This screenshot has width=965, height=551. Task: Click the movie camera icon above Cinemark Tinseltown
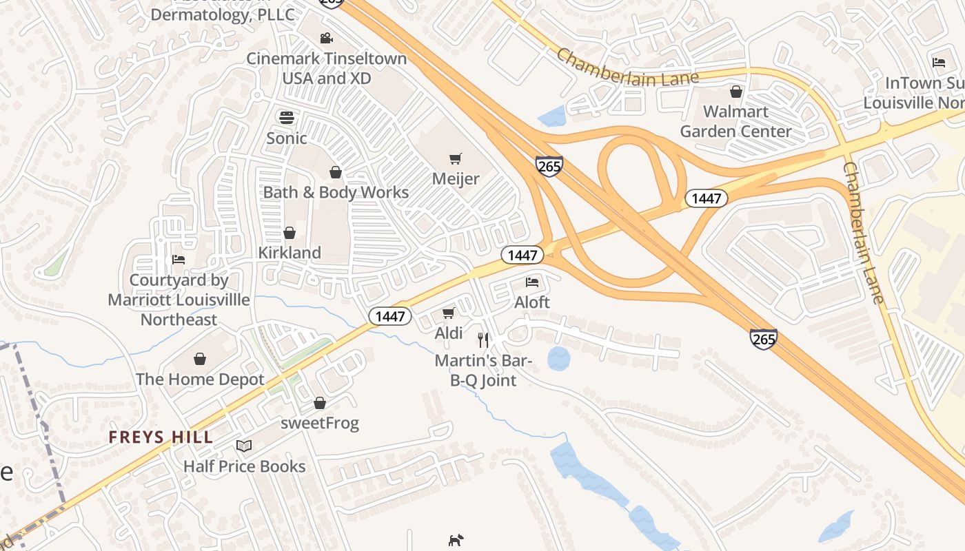tap(327, 39)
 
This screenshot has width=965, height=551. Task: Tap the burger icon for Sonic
tap(287, 117)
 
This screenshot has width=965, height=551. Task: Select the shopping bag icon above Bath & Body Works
tap(336, 171)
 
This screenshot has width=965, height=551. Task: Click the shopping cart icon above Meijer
tap(455, 159)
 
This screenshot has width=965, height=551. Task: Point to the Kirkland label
tap(289, 253)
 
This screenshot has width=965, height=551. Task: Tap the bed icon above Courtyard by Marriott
tap(179, 260)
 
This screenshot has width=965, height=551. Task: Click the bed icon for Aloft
tap(532, 282)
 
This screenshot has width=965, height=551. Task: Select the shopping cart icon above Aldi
tap(448, 313)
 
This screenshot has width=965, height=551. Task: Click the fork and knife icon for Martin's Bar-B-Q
tap(483, 340)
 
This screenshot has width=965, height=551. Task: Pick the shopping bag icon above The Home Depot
tap(200, 359)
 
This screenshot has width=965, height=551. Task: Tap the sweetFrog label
tap(320, 423)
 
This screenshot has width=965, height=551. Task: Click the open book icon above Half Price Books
tap(244, 446)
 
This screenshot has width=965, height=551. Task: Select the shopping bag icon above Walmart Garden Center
tap(736, 91)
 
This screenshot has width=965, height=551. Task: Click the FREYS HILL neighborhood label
tap(161, 437)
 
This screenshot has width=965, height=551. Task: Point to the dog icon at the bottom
tap(456, 540)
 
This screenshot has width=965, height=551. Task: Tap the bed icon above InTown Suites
tap(939, 63)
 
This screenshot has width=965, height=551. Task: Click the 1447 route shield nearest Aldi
tap(390, 316)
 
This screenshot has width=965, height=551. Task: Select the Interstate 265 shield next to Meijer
tap(549, 165)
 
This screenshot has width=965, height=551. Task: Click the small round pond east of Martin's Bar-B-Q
tap(558, 359)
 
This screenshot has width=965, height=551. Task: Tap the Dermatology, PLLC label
tap(223, 14)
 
